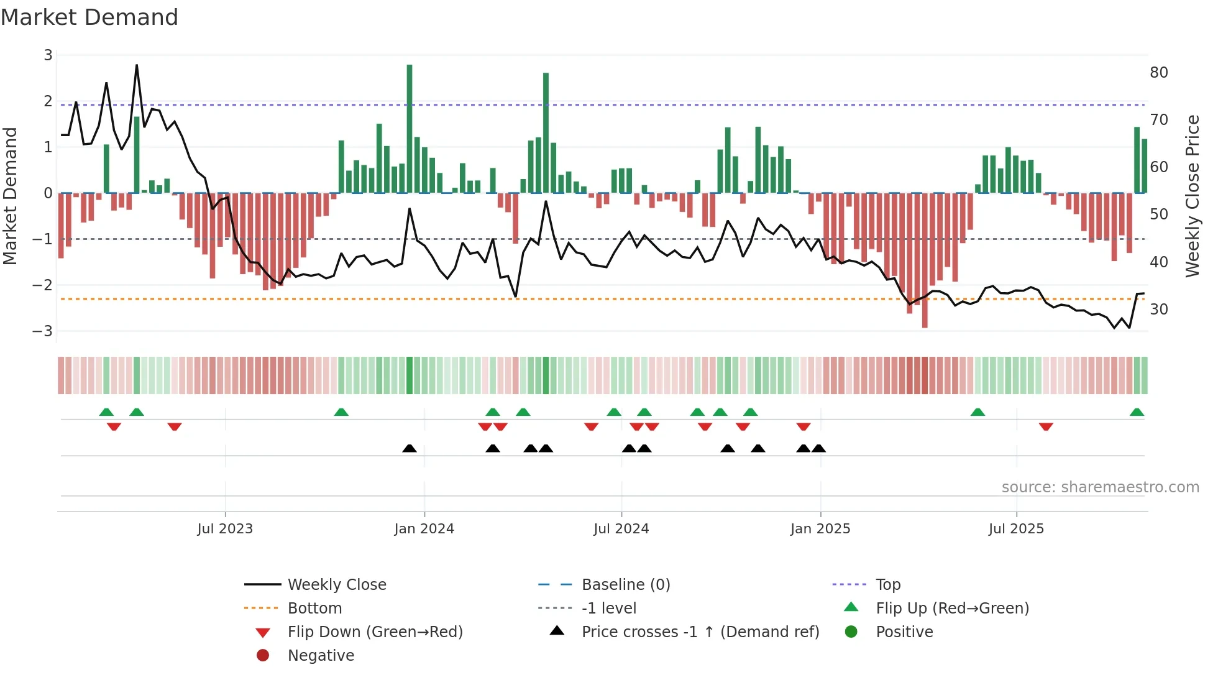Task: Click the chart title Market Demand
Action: [x=89, y=17]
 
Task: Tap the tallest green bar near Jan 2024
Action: [x=410, y=127]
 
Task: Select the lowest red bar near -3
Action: [x=925, y=261]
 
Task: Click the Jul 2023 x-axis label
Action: [x=225, y=529]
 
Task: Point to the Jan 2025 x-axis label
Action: [x=820, y=529]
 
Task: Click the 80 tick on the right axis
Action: [x=1158, y=73]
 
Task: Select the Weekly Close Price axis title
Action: [x=1192, y=196]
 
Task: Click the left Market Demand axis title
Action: [x=11, y=196]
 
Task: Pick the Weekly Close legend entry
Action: [x=336, y=585]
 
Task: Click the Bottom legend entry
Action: [x=314, y=609]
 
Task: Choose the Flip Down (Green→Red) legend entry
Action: [x=375, y=632]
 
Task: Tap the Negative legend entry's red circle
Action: [x=263, y=656]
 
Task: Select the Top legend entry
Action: [x=887, y=585]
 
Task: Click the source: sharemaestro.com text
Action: [x=1100, y=487]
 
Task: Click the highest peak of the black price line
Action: [x=137, y=66]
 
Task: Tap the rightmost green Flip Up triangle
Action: [x=1137, y=412]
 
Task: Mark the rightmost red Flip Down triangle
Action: [x=1046, y=426]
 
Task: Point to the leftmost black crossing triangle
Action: [x=410, y=448]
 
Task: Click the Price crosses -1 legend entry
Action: [x=700, y=632]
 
